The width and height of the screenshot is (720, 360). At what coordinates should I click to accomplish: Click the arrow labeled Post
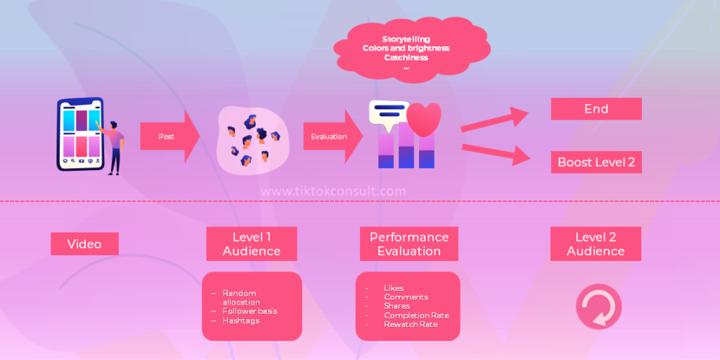click(169, 136)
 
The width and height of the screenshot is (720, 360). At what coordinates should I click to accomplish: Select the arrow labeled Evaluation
click(333, 136)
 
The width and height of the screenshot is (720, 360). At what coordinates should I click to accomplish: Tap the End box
click(596, 109)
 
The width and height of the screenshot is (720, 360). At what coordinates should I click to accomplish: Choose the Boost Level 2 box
click(596, 162)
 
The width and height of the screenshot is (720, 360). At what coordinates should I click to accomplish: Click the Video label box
click(84, 243)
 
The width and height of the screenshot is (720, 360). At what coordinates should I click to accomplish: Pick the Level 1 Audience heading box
click(251, 244)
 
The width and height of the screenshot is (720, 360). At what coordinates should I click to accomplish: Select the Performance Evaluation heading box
click(409, 244)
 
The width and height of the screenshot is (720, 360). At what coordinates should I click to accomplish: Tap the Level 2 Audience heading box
click(596, 244)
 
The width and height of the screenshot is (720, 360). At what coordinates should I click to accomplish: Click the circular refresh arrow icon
click(599, 307)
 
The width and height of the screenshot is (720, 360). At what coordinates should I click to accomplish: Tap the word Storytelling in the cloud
click(406, 39)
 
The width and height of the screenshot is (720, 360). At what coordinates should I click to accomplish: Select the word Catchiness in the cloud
click(406, 58)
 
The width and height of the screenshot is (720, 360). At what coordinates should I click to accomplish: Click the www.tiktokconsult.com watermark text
click(333, 191)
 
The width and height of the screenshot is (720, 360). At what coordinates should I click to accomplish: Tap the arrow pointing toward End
click(495, 120)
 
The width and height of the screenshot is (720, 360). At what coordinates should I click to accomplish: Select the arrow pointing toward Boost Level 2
click(496, 154)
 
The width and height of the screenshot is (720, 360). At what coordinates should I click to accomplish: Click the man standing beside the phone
click(113, 147)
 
